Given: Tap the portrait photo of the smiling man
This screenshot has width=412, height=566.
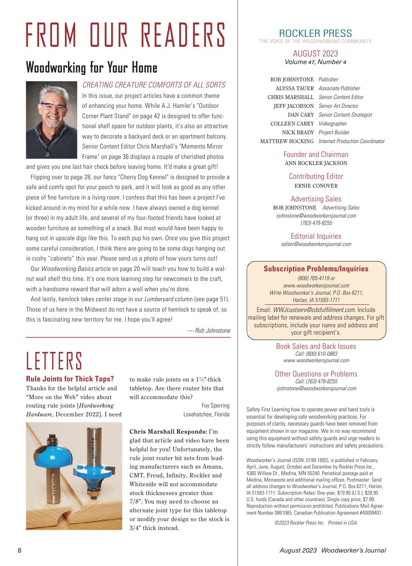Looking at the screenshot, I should click(x=52, y=120).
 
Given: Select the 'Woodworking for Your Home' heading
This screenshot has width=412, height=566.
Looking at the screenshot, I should click(x=92, y=68).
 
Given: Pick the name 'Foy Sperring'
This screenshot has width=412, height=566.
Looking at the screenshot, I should click(x=215, y=405).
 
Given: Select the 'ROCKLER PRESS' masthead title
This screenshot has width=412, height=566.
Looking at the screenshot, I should click(x=315, y=33).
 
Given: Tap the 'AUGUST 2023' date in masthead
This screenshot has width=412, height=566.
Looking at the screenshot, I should click(x=315, y=53).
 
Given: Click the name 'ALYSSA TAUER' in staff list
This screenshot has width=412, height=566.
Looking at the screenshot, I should click(x=295, y=88).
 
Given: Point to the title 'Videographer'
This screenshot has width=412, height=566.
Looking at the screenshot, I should click(x=333, y=124).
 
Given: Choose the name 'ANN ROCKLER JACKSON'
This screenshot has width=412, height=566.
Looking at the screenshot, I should click(x=316, y=163).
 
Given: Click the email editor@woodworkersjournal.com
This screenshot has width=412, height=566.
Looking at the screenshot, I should click(x=316, y=244).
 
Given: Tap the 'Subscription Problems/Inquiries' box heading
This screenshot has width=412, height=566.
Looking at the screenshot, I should click(x=316, y=269).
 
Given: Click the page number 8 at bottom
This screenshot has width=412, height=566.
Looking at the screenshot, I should click(x=20, y=550).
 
